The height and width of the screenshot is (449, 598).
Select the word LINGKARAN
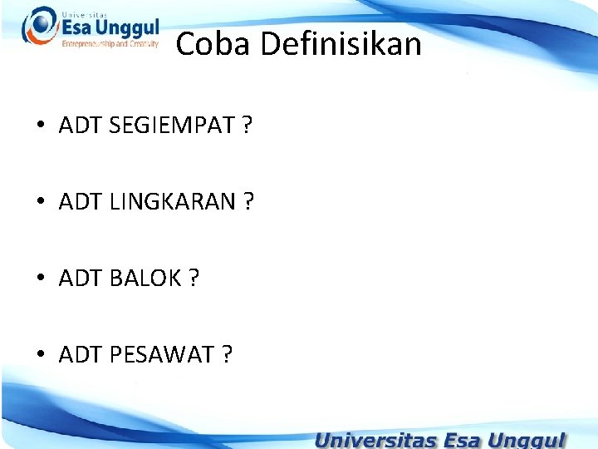(x=172, y=202)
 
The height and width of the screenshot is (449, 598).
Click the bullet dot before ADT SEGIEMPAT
(x=40, y=127)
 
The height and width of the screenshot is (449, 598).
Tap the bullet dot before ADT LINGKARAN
(x=40, y=203)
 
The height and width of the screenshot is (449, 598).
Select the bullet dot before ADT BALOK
(x=40, y=279)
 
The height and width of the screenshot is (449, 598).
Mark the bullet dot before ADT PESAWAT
(x=40, y=356)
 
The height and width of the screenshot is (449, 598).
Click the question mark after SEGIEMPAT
(x=247, y=126)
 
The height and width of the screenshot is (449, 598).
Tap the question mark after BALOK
(x=194, y=279)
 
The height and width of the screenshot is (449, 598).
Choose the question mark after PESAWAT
(x=227, y=355)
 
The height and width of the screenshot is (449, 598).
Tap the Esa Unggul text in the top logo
(x=110, y=28)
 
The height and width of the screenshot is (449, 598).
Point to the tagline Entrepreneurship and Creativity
(x=110, y=44)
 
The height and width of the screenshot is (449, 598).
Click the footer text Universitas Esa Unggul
(x=440, y=438)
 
